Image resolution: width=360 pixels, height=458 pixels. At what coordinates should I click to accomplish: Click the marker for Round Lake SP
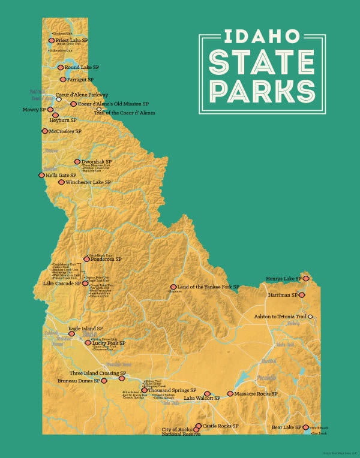click(x=61, y=68)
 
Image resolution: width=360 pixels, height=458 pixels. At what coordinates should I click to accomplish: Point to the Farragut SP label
click(x=80, y=79)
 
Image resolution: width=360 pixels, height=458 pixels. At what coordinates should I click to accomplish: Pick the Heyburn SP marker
click(x=55, y=115)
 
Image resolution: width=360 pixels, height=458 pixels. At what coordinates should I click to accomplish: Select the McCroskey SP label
click(x=65, y=131)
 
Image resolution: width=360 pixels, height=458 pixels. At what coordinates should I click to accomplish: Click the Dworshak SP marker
click(x=77, y=161)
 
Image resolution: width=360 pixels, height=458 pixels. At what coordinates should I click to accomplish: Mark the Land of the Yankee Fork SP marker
click(x=173, y=287)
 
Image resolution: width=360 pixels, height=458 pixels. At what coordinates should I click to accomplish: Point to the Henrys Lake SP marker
click(x=306, y=279)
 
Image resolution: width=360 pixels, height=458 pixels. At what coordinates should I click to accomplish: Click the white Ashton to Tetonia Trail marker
click(x=311, y=317)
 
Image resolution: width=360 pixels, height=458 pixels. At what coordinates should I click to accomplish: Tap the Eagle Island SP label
click(x=86, y=329)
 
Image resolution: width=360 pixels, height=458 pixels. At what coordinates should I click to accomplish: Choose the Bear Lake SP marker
click(x=306, y=427)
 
